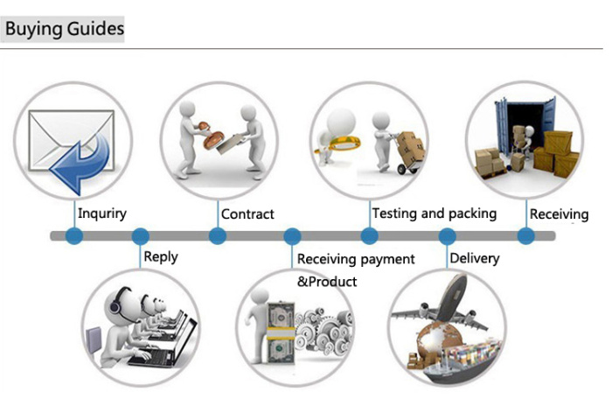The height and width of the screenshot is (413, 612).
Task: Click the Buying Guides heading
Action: [x=65, y=29]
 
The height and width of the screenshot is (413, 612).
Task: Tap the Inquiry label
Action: [x=102, y=213]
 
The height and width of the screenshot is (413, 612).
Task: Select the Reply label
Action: [x=161, y=257]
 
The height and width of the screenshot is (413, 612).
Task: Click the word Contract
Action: [x=247, y=214]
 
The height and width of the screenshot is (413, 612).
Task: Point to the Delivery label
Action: [x=475, y=258]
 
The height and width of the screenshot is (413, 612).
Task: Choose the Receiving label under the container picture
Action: [x=559, y=214]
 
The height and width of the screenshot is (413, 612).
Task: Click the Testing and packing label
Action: [x=434, y=213]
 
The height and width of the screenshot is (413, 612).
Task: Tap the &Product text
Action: [x=327, y=282]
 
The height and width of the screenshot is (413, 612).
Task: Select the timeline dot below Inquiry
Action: [x=74, y=236]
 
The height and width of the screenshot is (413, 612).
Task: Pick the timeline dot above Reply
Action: [x=141, y=236]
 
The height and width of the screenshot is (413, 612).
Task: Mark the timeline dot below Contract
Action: [x=218, y=236]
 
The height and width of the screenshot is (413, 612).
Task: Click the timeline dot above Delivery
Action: [x=448, y=236]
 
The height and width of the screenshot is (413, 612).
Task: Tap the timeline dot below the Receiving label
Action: [x=526, y=236]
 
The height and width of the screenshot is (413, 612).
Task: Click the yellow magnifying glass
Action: [x=339, y=143]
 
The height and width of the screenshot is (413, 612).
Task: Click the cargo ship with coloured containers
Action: [x=460, y=361]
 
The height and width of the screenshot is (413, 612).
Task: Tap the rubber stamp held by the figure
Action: [x=210, y=136]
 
